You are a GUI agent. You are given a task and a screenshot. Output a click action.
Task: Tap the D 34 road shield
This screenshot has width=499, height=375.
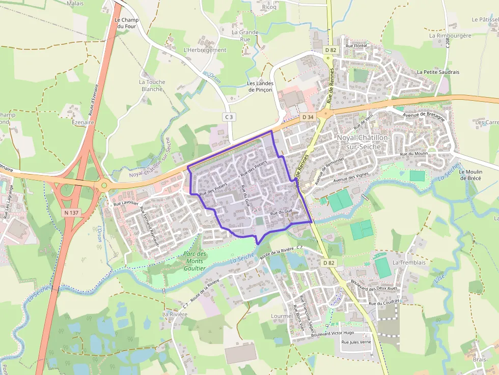coord(308,117)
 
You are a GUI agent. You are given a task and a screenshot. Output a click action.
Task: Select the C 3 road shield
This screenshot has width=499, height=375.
coord(229,117)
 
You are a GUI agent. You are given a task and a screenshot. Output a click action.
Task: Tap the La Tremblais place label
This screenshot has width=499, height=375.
coord(409,263)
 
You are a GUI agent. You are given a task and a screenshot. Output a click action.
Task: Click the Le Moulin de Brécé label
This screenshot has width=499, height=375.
coord(470,175)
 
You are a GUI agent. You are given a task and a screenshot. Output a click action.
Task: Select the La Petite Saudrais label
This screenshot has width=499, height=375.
coord(438,72)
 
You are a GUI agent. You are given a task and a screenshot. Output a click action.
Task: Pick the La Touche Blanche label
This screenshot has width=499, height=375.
coord(151,85)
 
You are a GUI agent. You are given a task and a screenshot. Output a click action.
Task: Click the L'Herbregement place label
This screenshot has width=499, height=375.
coord(205,50)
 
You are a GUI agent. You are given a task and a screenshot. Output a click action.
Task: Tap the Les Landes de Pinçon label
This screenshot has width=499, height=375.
coord(260,86)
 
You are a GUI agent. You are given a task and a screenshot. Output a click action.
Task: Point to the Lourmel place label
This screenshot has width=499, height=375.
coord(282,316)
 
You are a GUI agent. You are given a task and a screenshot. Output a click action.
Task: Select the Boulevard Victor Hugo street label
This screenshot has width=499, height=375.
coord(332,333)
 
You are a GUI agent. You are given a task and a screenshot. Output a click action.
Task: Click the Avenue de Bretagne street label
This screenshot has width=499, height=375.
coord(424,114)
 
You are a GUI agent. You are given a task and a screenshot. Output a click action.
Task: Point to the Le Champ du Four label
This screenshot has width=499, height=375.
coord(127,23)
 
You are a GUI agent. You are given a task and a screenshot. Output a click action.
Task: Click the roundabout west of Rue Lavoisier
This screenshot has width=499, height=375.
coord(104,185)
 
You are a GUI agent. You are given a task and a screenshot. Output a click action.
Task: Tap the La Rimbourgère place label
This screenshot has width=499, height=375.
coord(450,36)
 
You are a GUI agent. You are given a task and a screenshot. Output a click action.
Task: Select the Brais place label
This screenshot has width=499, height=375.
coord(479,359)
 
